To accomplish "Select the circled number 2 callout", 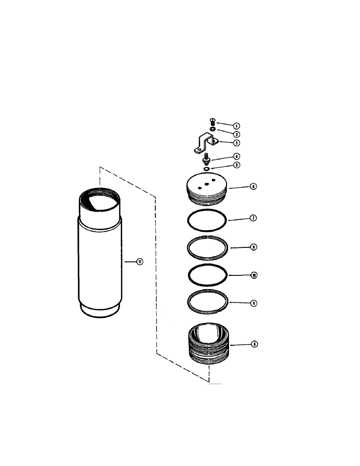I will point(236,134).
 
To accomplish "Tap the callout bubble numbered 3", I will point(236,143).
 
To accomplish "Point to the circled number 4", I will point(236,157).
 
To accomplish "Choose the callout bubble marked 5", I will point(236,164).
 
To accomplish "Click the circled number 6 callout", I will point(253,186).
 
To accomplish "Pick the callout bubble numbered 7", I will point(253,218).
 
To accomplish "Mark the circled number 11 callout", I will point(139,262).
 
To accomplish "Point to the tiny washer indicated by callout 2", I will point(212,129).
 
